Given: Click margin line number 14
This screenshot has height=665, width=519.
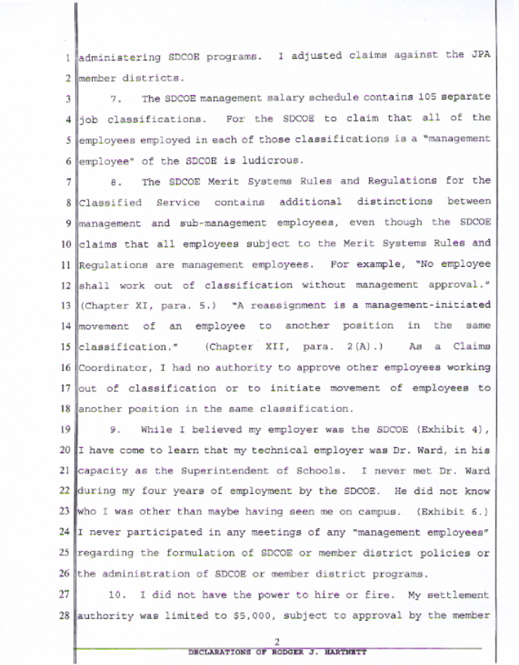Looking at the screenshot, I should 68,326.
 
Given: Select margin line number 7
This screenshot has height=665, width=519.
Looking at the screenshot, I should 69,181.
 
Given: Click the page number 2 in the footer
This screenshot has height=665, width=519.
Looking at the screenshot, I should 277,641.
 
